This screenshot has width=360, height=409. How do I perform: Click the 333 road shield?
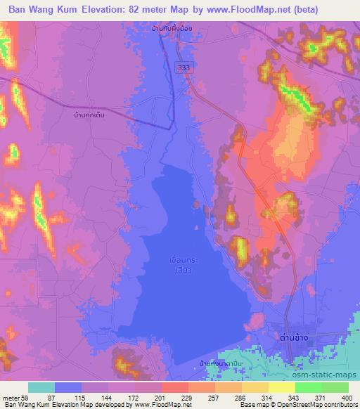coord(183,64)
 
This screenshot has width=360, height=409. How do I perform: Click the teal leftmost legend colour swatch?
coord(41,387)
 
